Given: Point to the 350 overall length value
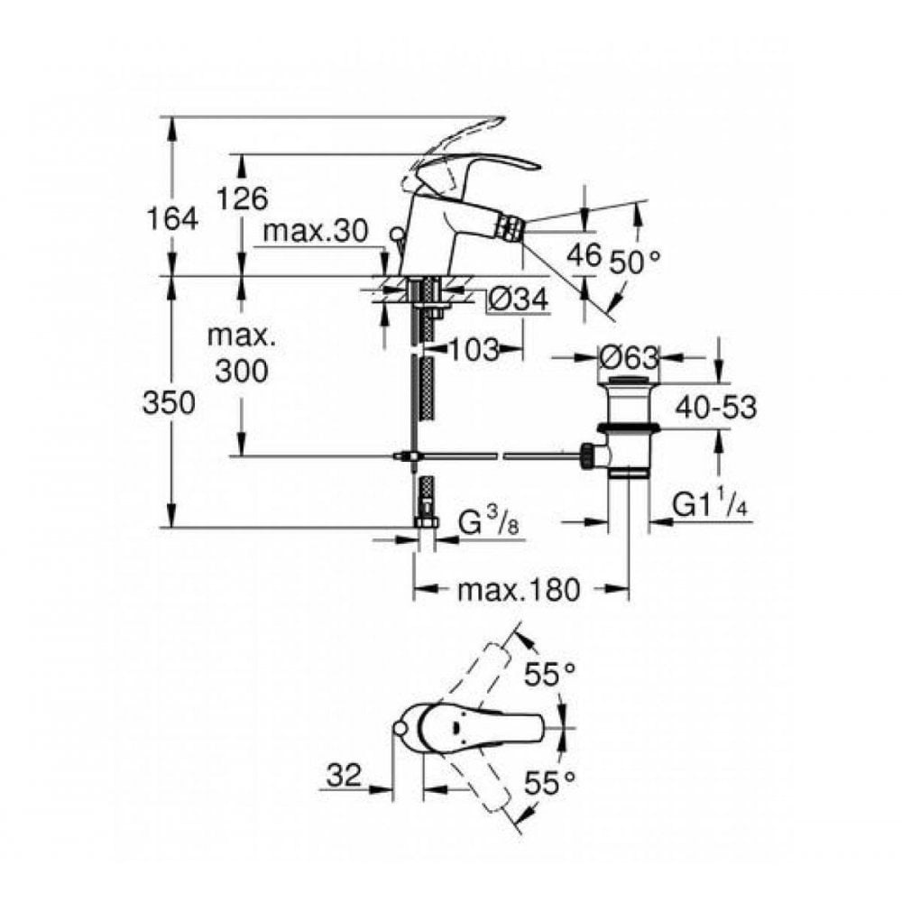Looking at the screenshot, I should (x=169, y=403).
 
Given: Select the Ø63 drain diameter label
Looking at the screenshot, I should (x=628, y=357).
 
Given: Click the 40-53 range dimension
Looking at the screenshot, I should (x=718, y=408).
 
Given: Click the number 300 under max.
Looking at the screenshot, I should (x=241, y=370).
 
